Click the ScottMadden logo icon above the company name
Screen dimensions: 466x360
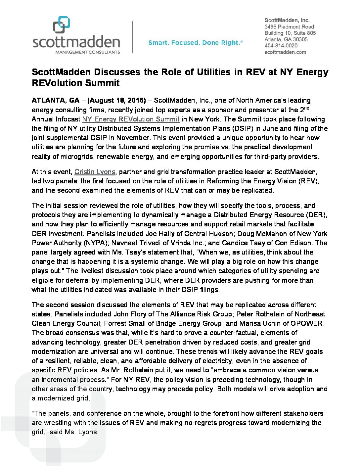(62, 25)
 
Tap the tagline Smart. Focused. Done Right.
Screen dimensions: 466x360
(196, 43)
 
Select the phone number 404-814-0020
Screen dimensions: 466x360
(281, 46)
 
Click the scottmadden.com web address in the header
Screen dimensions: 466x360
(285, 52)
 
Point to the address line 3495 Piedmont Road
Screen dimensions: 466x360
(289, 27)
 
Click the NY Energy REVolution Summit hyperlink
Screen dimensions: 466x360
(131, 119)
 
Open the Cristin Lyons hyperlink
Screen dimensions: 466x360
(95, 172)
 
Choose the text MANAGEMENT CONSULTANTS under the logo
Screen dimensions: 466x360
(88, 52)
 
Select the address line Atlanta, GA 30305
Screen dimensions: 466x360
(286, 39)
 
